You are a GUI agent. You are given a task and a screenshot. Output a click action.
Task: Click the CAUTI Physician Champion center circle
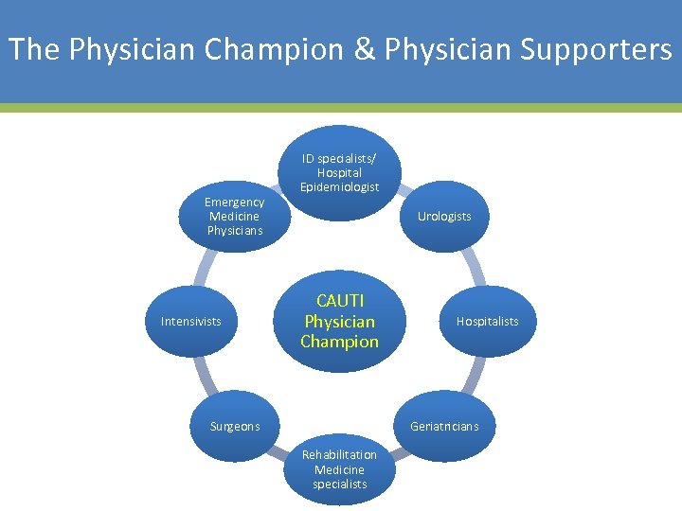point(339,322)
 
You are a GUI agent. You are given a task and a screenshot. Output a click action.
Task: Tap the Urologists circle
point(444,217)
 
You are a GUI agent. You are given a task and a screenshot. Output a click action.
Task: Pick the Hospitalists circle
point(487,322)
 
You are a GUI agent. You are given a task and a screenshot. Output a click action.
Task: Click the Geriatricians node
point(444,426)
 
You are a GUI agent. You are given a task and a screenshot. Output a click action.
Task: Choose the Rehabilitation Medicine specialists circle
point(339,469)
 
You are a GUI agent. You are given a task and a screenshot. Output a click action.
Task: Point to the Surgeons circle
point(234,426)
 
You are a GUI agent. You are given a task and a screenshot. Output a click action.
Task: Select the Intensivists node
point(190,322)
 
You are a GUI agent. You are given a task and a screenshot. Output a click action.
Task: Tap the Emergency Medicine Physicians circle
point(234,217)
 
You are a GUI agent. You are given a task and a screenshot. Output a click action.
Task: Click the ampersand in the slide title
point(366,49)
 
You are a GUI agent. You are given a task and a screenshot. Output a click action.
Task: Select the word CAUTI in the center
point(339,302)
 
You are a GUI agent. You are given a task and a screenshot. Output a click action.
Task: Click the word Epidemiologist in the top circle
point(339,187)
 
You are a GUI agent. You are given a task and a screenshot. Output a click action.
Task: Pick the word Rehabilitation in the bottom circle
point(339,455)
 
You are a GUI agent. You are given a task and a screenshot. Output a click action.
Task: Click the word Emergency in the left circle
point(234,203)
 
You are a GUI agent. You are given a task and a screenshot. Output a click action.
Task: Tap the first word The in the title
point(33,49)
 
